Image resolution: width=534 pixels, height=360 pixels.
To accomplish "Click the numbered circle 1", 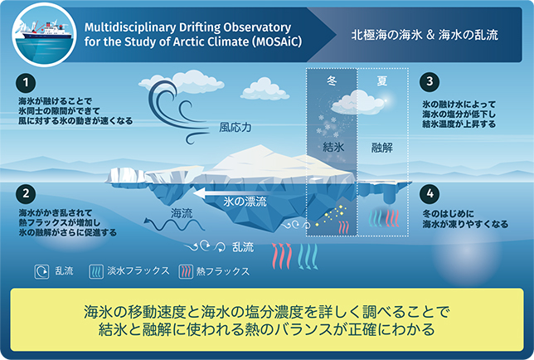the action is (x=26, y=83).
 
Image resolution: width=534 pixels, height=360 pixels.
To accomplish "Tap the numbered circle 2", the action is (x=26, y=193).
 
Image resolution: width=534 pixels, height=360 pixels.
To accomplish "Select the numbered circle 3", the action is (x=430, y=82).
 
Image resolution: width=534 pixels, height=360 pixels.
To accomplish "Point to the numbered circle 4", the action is (x=430, y=193).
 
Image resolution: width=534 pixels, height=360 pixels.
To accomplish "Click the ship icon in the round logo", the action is (x=45, y=32).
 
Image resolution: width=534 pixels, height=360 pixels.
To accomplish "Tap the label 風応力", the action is (x=235, y=128).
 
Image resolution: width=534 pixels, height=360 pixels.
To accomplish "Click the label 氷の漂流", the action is (x=245, y=202).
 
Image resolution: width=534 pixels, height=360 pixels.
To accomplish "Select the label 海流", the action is (x=182, y=213).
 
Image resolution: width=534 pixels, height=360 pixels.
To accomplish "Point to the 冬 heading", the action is (x=332, y=80).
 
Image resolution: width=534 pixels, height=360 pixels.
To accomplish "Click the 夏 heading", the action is (x=382, y=80).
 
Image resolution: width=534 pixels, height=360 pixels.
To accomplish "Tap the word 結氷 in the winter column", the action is (x=333, y=147).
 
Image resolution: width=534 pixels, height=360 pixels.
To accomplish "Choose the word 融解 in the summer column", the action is (x=381, y=148).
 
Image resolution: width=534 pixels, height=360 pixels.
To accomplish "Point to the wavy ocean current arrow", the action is (x=173, y=225).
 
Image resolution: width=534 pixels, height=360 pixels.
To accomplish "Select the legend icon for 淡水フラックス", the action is (x=96, y=272).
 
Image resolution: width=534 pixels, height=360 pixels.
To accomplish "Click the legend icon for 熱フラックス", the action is (x=186, y=272).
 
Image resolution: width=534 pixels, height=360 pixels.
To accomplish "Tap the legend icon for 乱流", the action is (x=41, y=272).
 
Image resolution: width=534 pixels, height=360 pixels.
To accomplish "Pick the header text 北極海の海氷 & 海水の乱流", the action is (x=425, y=35).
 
